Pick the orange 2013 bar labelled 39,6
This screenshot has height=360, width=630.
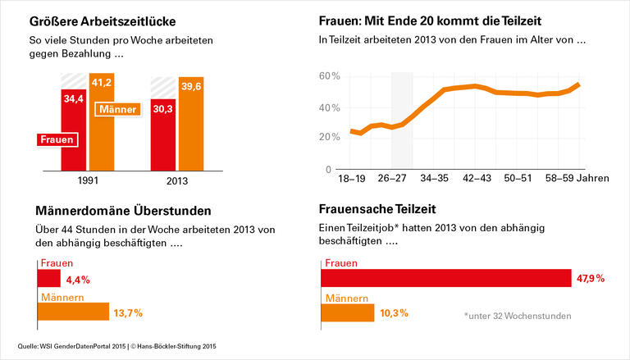click(x=189, y=123)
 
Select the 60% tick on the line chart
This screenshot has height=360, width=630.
click(x=330, y=76)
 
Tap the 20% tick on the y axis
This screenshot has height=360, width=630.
click(x=330, y=139)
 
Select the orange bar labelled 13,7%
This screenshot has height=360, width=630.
click(x=73, y=312)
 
